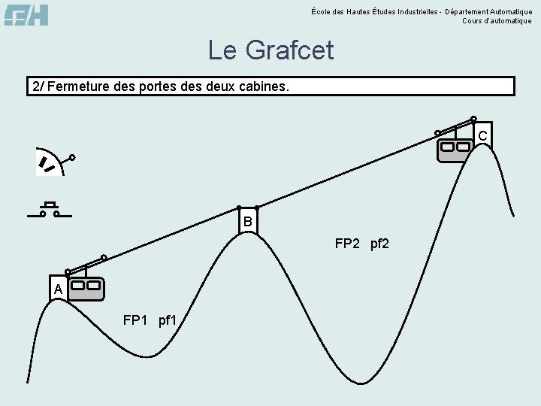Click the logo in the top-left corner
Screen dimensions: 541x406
(26, 14)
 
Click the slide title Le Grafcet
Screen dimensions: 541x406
(270, 50)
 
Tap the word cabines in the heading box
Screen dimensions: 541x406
(261, 86)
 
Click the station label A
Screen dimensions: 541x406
(58, 289)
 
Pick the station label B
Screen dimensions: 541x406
(247, 223)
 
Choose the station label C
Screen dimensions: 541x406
(482, 135)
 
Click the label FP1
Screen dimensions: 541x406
(136, 321)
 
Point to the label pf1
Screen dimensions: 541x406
(168, 321)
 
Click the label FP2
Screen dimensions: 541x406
(349, 244)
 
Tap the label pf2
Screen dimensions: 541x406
(379, 244)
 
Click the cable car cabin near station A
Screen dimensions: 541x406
(86, 288)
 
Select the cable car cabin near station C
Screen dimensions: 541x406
(455, 149)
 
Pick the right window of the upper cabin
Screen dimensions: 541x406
(463, 147)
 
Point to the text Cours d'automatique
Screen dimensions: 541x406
(497, 21)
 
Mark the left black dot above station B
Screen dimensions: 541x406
(239, 208)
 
